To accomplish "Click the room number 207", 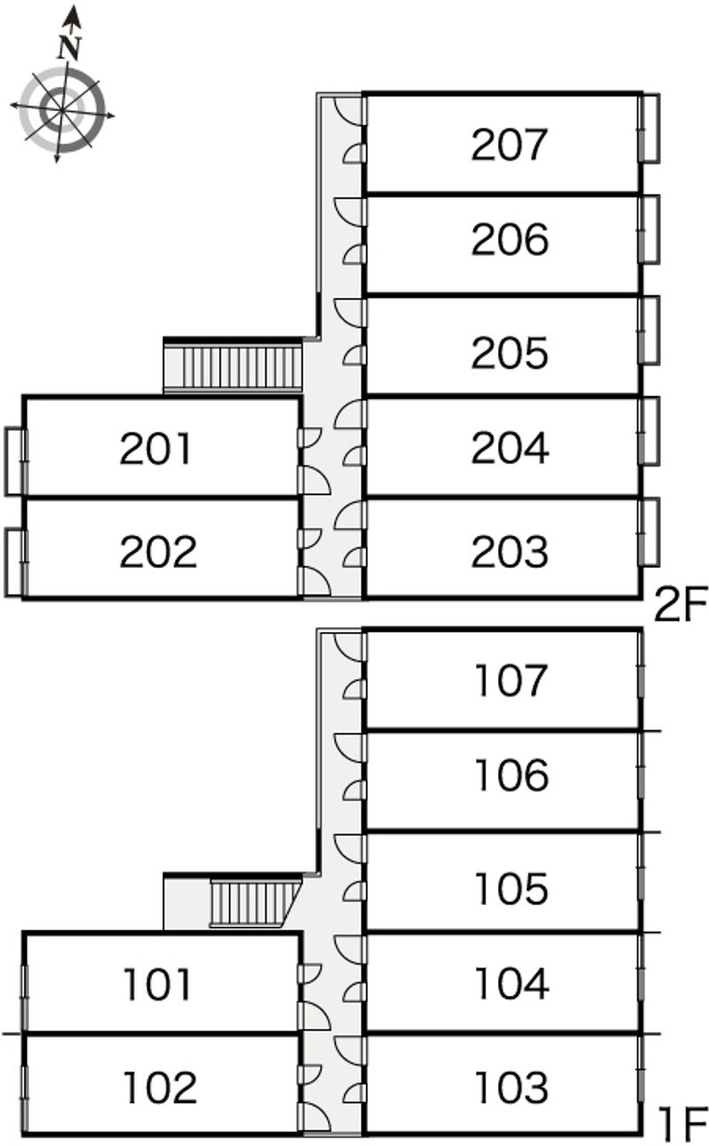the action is tap(510, 144).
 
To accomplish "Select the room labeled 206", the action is tap(510, 239).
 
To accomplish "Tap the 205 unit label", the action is tap(510, 353).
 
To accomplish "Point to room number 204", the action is tap(510, 448).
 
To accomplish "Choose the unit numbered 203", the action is tap(510, 551).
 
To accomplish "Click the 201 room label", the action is tap(155, 448).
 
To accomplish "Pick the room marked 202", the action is tap(158, 551).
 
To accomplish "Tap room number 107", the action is tap(511, 680).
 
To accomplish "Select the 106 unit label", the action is tap(512, 775).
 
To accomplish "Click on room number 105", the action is tap(512, 888).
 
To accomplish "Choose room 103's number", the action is tap(512, 1087).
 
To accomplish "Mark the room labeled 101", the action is tap(158, 984).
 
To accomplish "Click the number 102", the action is tap(160, 1087).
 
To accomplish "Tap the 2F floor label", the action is tap(681, 604).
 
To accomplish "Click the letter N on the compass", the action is tap(69, 48).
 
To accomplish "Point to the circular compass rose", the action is tap(62, 111).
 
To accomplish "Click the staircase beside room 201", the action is tap(232, 365).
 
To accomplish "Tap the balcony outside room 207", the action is tap(650, 129).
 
